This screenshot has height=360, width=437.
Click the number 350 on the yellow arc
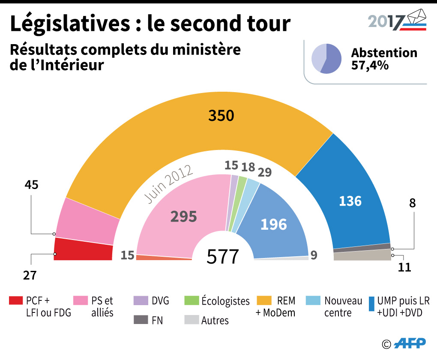[x=221, y=116]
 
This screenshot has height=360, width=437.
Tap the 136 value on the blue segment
[x=350, y=201]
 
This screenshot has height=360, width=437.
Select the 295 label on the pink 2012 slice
[x=183, y=216]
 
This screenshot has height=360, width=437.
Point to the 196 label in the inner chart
[x=273, y=224]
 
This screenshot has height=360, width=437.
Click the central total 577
[x=222, y=257]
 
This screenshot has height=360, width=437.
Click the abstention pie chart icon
[x=326, y=59]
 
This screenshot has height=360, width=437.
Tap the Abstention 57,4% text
[x=384, y=59]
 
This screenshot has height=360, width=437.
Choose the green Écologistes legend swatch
[x=191, y=300]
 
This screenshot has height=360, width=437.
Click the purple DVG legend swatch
[x=140, y=300]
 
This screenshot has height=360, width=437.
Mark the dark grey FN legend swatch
[x=140, y=320]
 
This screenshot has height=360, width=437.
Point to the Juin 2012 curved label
[x=168, y=183]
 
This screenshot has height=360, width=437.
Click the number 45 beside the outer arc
[x=31, y=185]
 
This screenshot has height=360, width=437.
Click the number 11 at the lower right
[x=404, y=267]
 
